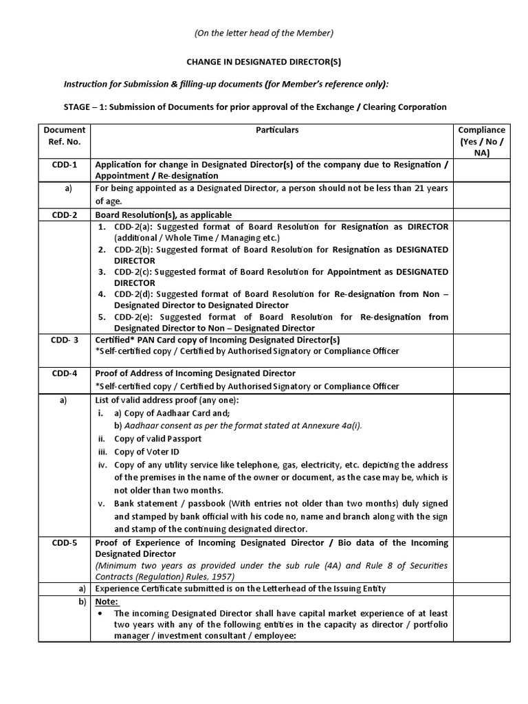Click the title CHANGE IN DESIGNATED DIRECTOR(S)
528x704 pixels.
263,61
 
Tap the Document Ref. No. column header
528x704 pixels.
64,135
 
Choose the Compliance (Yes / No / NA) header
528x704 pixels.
481,141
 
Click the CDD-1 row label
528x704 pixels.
64,164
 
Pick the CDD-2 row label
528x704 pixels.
64,215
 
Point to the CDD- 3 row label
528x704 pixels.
64,340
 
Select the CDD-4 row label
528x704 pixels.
64,374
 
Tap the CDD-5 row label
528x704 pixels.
64,543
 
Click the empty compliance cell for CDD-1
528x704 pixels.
481,170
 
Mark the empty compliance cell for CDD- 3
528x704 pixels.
481,351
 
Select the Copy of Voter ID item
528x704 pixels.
148,452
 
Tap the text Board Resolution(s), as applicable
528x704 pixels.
163,215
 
